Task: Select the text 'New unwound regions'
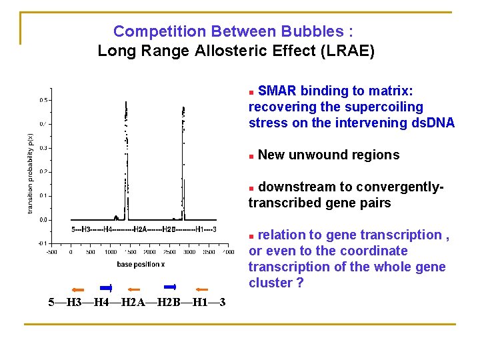(x=328, y=155)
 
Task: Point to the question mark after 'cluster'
(x=299, y=283)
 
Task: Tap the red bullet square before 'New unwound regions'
(x=251, y=156)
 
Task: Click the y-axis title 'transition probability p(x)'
(x=30, y=173)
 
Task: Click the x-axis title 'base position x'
(x=141, y=264)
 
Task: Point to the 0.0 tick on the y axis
(x=42, y=219)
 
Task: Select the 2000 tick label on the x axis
(x=149, y=253)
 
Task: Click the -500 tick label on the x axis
(x=51, y=253)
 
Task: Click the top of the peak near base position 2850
(x=183, y=107)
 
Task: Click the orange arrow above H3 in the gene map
(x=78, y=289)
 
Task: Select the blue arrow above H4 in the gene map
(x=106, y=288)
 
